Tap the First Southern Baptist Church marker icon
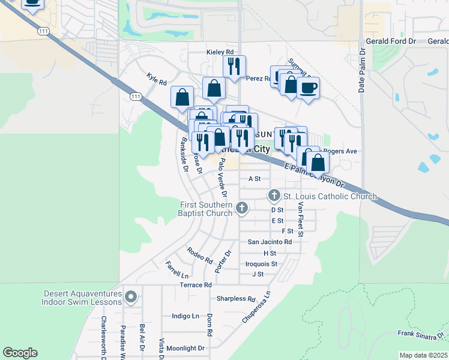pyautogui.click(x=242, y=208)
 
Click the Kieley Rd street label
pyautogui.click(x=220, y=52)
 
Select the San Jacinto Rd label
pyautogui.click(x=270, y=242)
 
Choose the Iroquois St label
pyautogui.click(x=261, y=263)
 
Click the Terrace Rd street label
pyautogui.click(x=196, y=285)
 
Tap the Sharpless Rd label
pyautogui.click(x=236, y=298)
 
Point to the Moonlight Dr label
pyautogui.click(x=185, y=348)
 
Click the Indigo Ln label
pyautogui.click(x=185, y=316)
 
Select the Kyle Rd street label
pyautogui.click(x=156, y=78)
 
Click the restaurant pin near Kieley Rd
pyautogui.click(x=234, y=67)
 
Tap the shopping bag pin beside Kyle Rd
pyautogui.click(x=182, y=98)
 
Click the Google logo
pyautogui.click(x=20, y=353)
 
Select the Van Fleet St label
pyautogui.click(x=301, y=217)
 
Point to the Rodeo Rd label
pyautogui.click(x=200, y=256)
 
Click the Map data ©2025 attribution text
pyautogui.click(x=423, y=355)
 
